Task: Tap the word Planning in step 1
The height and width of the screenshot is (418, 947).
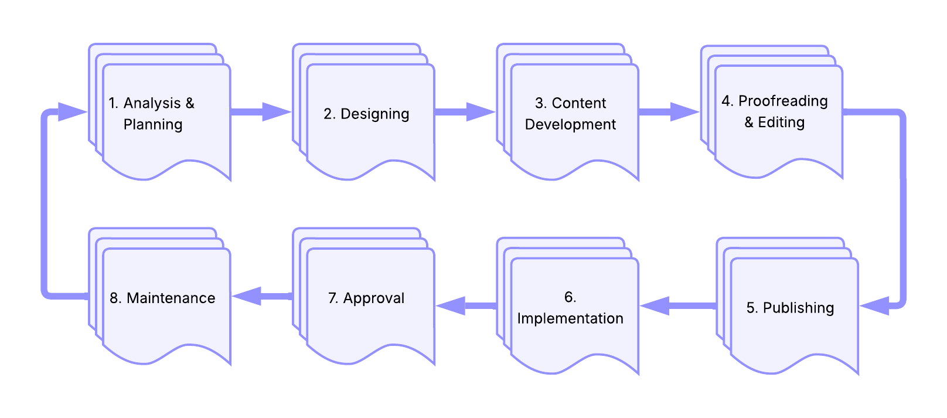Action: tap(153, 125)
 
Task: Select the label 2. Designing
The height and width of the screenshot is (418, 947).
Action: tap(366, 114)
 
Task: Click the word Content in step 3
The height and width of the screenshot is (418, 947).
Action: tap(579, 103)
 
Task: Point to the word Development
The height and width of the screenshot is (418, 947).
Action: tap(570, 124)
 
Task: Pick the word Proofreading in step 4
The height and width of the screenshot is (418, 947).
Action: tap(783, 101)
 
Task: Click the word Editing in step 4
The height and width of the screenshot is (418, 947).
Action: tap(781, 123)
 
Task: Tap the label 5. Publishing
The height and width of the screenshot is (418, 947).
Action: tap(790, 308)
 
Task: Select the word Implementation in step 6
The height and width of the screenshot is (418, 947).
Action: tap(570, 318)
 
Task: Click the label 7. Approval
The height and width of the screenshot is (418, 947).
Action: tap(366, 298)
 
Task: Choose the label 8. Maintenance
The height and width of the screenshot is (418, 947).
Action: tap(162, 298)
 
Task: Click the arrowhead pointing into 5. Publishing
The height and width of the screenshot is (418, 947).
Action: tap(874, 305)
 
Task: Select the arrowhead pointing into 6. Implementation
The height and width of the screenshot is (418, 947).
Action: tap(655, 305)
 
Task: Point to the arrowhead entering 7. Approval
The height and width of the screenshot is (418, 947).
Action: tap(451, 305)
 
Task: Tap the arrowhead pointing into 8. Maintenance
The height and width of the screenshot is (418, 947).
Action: tap(247, 296)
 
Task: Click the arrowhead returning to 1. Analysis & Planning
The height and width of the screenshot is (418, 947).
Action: tap(73, 112)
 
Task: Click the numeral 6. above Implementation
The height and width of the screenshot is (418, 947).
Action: tap(570, 297)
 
